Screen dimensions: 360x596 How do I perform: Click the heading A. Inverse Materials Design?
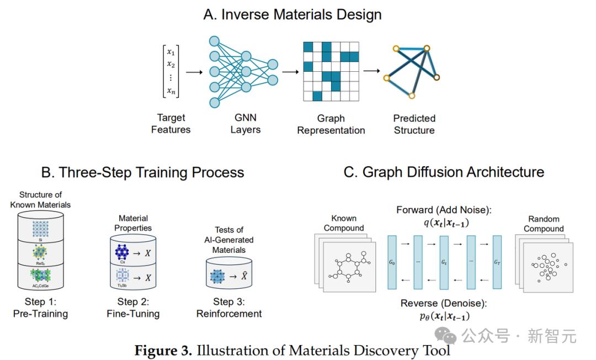[292, 14]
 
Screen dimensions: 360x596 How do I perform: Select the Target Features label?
[171, 124]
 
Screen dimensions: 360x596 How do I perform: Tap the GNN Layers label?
[245, 124]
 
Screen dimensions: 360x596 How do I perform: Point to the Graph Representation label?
[331, 124]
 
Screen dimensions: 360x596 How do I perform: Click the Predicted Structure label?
[414, 124]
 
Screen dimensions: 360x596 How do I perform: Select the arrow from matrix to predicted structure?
[371, 71]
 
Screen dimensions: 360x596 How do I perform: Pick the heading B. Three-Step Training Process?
[142, 172]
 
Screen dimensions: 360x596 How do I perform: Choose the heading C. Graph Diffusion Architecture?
[444, 172]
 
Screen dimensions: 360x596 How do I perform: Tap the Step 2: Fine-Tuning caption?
[133, 308]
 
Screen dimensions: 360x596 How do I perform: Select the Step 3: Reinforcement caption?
[229, 308]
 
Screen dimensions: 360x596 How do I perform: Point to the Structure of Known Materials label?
[41, 200]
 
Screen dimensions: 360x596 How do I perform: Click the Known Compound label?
[344, 224]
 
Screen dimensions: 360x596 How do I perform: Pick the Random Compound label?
[544, 224]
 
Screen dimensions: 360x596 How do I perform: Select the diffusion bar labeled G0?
[392, 262]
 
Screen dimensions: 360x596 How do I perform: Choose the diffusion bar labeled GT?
[497, 262]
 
